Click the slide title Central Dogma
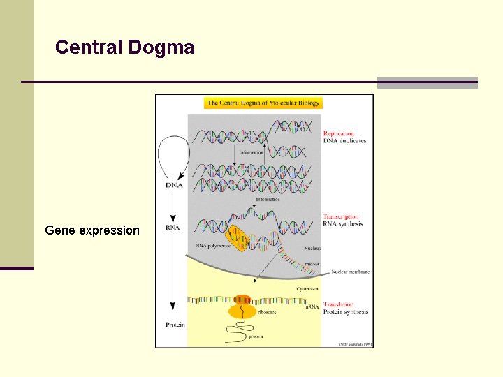[x=124, y=47]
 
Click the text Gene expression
[x=92, y=230]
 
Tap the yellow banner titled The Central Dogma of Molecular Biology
[x=263, y=103]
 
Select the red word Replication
[x=338, y=133]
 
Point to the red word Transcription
[x=341, y=217]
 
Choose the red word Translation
[x=338, y=304]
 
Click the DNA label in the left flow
[x=175, y=185]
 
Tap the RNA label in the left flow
[x=174, y=227]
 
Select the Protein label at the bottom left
[x=175, y=325]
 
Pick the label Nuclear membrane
[x=351, y=272]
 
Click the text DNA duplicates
[x=344, y=141]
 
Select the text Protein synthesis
[x=345, y=312]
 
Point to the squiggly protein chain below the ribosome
[x=241, y=332]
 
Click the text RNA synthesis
[x=343, y=224]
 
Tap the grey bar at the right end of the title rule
[x=427, y=82]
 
